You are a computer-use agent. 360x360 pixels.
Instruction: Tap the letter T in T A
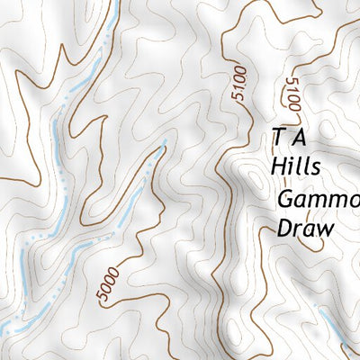coord(279,138)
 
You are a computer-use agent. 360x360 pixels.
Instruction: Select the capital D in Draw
coord(283,229)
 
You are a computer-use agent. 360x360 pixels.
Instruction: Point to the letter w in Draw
coord(324,229)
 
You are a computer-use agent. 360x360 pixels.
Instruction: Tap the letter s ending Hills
coord(314,170)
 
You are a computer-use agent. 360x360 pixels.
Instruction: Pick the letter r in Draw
coord(297,229)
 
